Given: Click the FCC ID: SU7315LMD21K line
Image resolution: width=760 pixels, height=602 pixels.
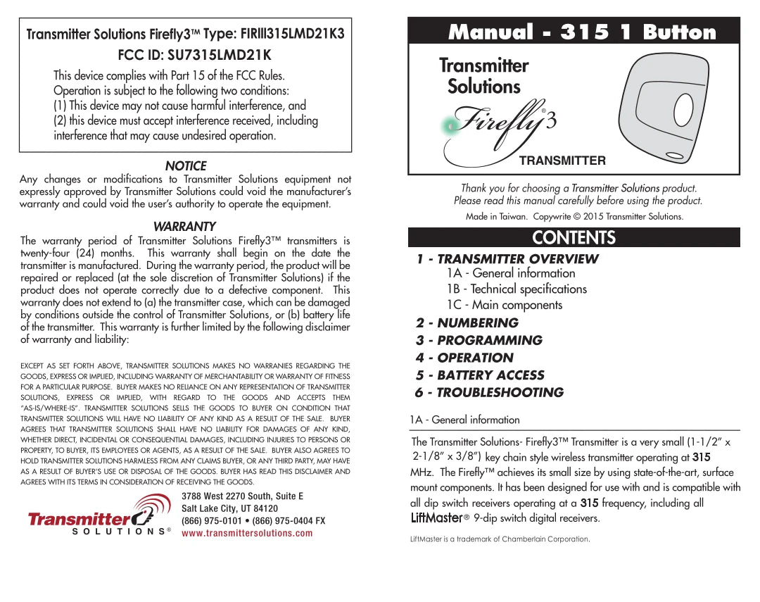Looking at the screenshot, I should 184,54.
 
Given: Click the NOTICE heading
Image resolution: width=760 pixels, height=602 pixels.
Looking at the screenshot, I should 185,166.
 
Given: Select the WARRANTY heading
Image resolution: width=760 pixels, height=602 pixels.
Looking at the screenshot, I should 184,227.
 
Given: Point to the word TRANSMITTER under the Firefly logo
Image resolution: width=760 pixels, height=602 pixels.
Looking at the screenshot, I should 562,161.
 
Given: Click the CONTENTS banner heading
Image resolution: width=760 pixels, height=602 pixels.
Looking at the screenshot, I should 574,237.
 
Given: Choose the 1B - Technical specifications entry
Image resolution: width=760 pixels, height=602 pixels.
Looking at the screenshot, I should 516,289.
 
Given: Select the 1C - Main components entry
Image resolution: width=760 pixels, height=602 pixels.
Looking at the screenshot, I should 504,305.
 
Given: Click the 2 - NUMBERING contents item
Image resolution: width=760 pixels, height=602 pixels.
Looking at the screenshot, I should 467,323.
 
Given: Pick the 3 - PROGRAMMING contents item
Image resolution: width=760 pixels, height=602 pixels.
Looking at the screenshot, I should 479,340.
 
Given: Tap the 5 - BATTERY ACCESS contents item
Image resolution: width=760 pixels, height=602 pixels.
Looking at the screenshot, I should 480,375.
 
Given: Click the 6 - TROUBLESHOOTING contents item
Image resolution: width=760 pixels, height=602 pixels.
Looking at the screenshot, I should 489,393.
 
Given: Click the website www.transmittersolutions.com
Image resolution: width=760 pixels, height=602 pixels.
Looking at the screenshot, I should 247,533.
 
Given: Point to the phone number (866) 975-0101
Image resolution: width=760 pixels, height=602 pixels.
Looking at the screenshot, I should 211,521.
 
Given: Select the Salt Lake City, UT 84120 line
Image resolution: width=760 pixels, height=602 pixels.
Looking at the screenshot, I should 229,508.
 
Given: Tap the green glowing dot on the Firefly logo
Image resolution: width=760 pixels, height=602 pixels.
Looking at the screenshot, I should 448,127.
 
